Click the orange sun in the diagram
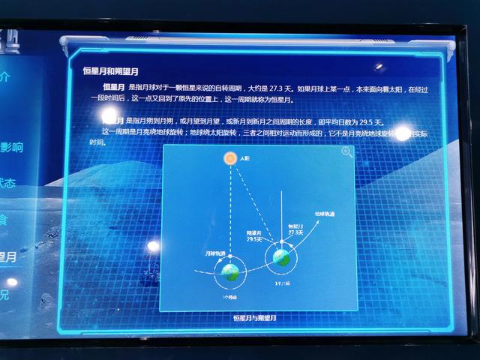230,158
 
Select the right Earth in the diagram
281,257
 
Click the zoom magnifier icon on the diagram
346,151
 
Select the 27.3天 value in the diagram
295,232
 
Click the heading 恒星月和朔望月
110,71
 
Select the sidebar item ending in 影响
10,148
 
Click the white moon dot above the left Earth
230,257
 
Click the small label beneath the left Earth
230,295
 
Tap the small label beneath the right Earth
281,283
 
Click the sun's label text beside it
245,159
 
